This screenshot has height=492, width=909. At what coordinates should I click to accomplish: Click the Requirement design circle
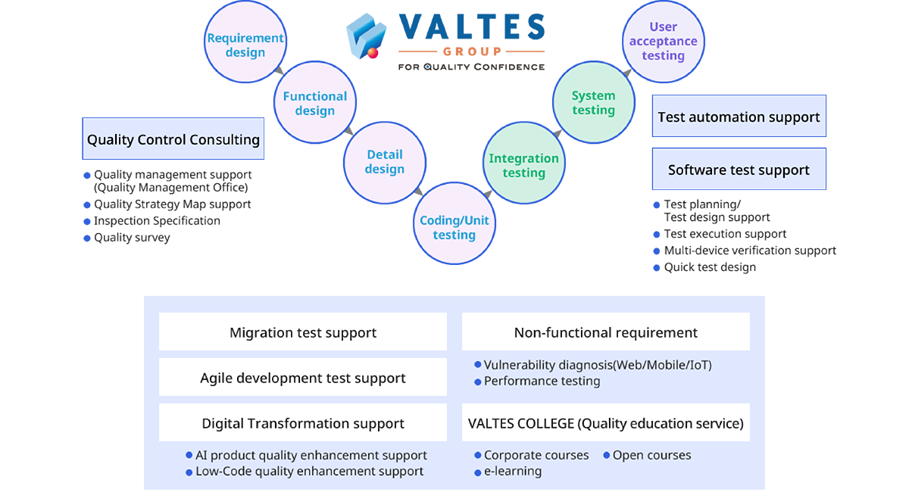point(245,45)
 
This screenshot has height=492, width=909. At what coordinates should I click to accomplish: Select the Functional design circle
point(315,104)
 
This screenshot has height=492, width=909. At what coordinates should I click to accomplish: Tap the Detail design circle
point(385,162)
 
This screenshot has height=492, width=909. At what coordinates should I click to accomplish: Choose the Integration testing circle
point(524,166)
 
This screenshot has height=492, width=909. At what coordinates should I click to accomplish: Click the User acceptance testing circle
point(663,42)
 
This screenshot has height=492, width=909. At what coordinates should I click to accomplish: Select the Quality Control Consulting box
point(173,139)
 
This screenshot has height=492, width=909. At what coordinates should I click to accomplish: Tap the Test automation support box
point(739,117)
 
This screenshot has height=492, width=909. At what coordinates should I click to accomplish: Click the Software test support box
point(739,170)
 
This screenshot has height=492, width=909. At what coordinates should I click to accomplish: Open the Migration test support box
point(303,332)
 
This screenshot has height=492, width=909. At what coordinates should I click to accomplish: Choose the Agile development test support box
point(303,378)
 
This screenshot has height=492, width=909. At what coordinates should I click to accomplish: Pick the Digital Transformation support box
point(303,423)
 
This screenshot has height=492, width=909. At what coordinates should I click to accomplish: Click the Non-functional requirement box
point(606,332)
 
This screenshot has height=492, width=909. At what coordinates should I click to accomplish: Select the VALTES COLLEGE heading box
point(606,423)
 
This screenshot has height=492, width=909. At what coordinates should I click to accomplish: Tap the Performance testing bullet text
point(542,381)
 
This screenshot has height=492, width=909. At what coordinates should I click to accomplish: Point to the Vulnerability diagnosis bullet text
point(598,365)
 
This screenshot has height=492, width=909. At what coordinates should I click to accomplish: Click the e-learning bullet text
point(513,472)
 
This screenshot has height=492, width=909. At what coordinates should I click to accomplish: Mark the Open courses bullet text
point(651,456)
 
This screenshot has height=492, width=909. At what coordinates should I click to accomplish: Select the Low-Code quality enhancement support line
point(309,472)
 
